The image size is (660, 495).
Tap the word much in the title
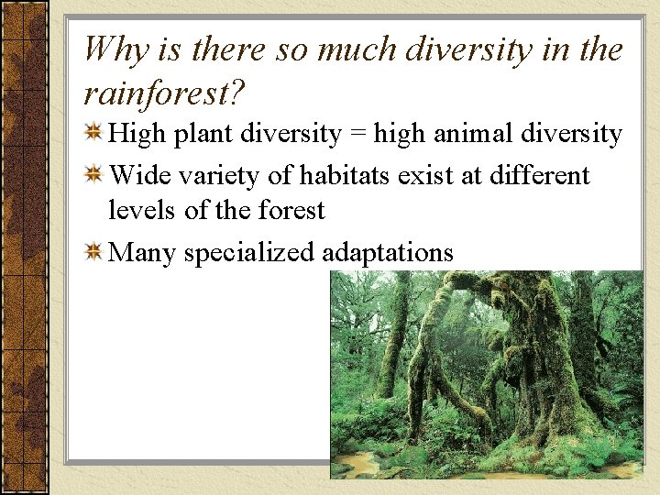[352, 49]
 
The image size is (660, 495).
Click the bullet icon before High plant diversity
[93, 135]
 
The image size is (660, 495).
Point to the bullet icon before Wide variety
[93, 175]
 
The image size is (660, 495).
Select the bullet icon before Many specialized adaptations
[93, 252]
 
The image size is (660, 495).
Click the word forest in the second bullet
[291, 210]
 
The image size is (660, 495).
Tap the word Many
[142, 252]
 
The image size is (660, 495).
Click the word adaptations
[388, 252]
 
